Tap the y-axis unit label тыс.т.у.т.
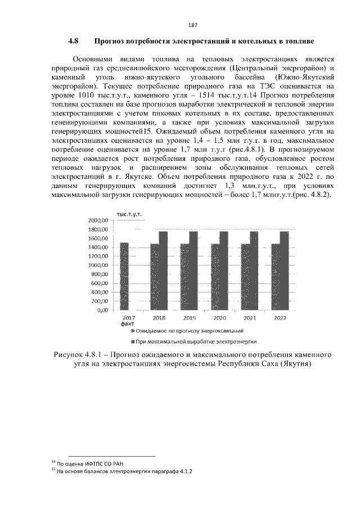(x=128, y=215)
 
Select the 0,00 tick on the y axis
(x=102, y=310)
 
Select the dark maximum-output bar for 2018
(x=163, y=271)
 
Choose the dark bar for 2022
(x=284, y=271)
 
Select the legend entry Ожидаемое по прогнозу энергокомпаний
(x=181, y=332)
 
